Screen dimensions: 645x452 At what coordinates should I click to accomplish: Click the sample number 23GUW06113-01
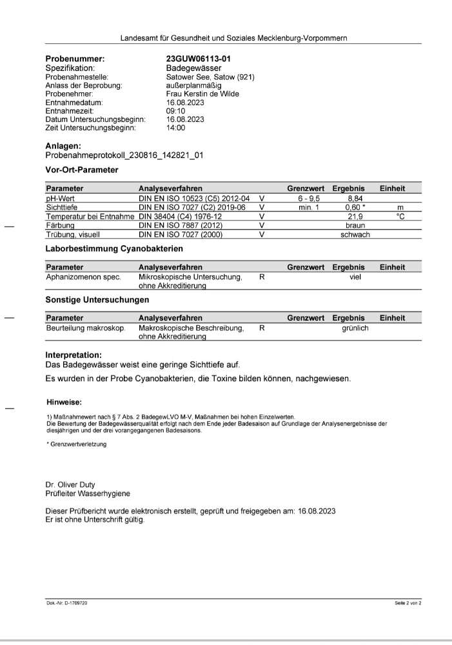click(x=199, y=59)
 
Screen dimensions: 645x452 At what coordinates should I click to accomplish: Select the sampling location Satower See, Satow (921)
click(x=210, y=77)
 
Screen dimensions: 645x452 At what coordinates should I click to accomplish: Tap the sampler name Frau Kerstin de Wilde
click(x=202, y=94)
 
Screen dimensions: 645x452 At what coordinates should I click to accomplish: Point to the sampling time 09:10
click(x=175, y=111)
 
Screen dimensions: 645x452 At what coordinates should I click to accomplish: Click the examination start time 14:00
click(x=175, y=128)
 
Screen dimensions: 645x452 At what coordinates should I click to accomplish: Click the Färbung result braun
click(x=355, y=226)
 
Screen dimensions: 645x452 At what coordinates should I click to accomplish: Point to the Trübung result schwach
click(x=355, y=235)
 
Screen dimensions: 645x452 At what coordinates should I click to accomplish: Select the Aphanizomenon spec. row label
click(x=83, y=277)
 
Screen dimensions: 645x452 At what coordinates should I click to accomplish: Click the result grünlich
click(x=355, y=328)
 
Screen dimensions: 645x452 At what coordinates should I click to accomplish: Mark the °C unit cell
click(x=400, y=217)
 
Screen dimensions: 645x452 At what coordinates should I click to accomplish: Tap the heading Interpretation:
click(x=74, y=355)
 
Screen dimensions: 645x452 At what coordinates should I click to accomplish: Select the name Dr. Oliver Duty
click(x=71, y=484)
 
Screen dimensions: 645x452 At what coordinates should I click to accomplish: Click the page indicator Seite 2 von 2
click(x=408, y=602)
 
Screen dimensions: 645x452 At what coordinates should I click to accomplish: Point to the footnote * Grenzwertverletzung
click(x=77, y=444)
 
